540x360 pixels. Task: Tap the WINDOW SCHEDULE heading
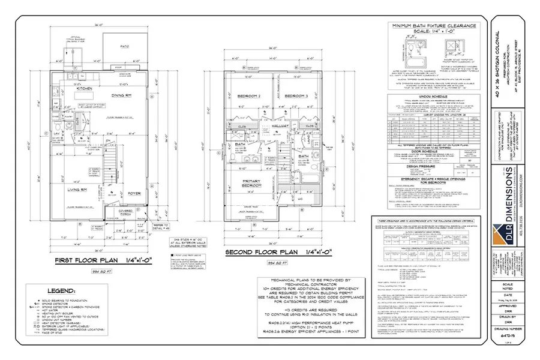click(x=433, y=95)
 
